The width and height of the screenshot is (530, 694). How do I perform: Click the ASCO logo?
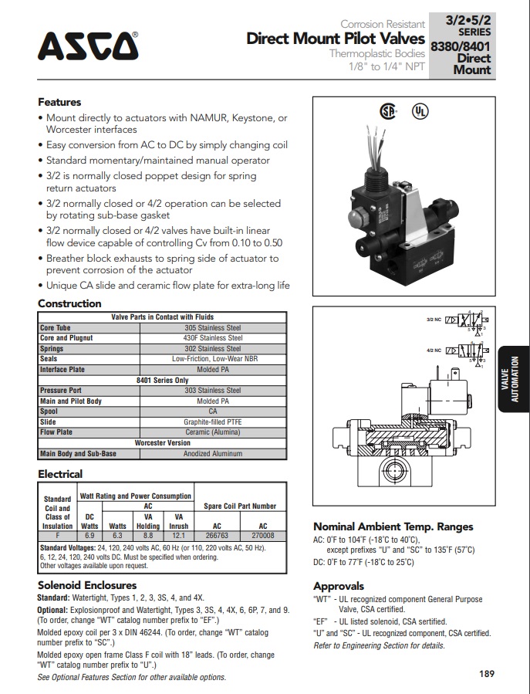(88, 47)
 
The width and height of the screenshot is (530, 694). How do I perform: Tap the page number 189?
(486, 673)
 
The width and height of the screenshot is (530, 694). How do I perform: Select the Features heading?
(59, 102)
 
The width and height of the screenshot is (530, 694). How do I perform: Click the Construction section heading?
(69, 303)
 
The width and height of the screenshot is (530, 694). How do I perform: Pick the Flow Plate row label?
(56, 432)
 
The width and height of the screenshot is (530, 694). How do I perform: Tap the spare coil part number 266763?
(216, 534)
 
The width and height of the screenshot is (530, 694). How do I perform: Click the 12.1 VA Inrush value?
(178, 534)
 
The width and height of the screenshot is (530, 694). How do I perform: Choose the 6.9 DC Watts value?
(89, 534)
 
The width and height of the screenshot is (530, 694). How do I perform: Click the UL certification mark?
(420, 111)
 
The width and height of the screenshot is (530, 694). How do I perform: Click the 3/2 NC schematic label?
(434, 319)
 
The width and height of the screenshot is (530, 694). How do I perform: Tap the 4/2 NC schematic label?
(434, 350)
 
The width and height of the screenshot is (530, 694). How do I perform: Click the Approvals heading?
(339, 586)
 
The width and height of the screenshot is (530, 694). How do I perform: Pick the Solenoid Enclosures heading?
(87, 585)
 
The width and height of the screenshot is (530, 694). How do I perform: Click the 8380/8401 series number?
(461, 47)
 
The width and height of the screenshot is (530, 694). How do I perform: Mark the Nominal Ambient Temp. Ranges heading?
(393, 526)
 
